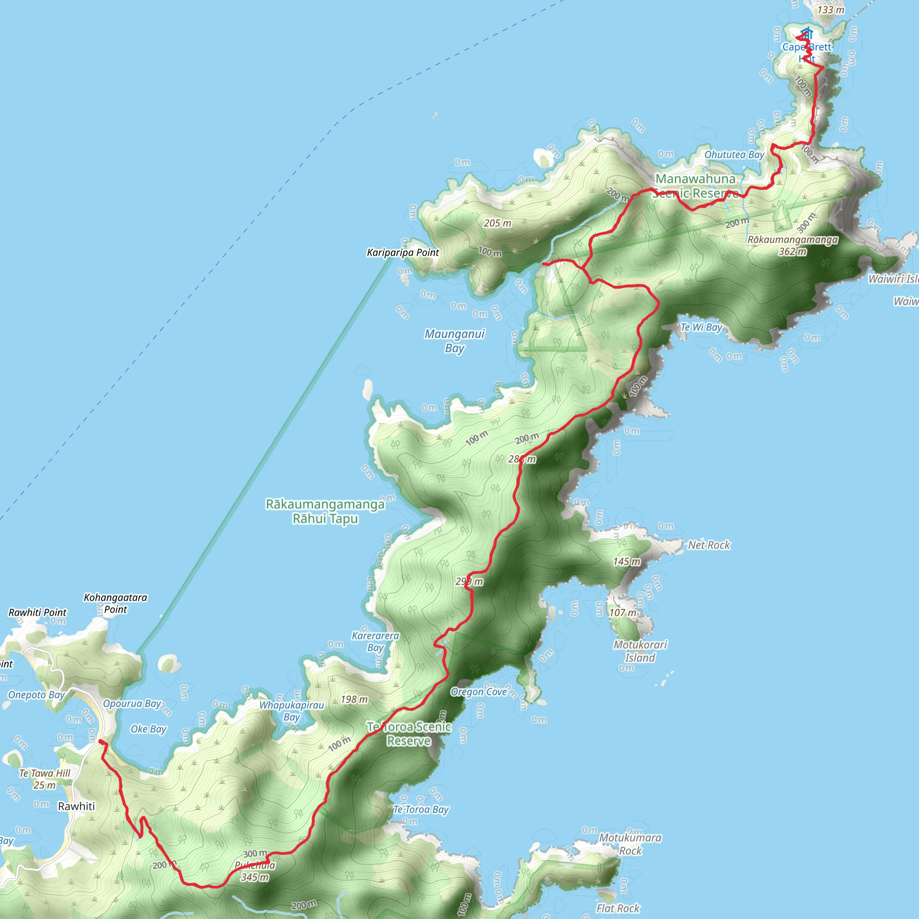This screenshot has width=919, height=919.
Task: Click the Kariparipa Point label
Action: coord(403,253)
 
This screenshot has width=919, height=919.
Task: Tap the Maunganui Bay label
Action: coord(454,341)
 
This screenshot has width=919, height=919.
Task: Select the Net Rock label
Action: coord(708,545)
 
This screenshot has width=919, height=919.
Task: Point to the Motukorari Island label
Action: coord(640,651)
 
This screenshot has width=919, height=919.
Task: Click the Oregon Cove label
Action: coord(478,691)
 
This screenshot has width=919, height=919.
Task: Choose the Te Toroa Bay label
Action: coord(421,809)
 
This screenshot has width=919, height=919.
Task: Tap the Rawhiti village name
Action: coord(76,806)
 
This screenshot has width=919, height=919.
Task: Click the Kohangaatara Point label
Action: coord(116,603)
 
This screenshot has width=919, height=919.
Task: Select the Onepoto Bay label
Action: coord(37,695)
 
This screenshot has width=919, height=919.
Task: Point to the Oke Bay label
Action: coord(149,729)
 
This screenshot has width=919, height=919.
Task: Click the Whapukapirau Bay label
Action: coord(291,711)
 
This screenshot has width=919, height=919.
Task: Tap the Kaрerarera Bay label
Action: coord(375,641)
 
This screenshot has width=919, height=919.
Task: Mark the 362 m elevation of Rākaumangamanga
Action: coord(792,252)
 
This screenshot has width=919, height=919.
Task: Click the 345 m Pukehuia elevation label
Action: coord(255,877)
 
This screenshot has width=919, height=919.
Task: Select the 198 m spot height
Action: coord(354,699)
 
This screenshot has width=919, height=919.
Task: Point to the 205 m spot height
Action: coord(498,223)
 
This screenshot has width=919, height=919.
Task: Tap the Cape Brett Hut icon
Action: coord(807,34)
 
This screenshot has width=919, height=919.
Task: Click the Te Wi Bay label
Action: coord(701,327)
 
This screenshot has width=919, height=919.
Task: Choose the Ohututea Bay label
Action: coord(734,155)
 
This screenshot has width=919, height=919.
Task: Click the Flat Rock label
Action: coord(618,908)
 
